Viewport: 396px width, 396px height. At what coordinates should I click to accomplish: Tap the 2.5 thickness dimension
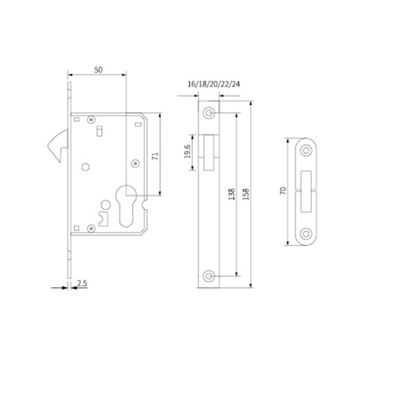point(81,284)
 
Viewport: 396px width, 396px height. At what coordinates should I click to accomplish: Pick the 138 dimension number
point(234,195)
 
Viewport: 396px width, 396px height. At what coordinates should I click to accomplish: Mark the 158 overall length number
point(247,195)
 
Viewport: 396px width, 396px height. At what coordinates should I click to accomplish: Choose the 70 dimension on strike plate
point(283,191)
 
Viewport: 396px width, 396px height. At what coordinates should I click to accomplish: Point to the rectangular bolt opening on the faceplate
point(210,149)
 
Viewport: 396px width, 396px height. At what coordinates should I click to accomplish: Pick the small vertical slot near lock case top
point(97,132)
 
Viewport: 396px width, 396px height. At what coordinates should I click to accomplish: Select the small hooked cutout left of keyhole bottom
point(102,218)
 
